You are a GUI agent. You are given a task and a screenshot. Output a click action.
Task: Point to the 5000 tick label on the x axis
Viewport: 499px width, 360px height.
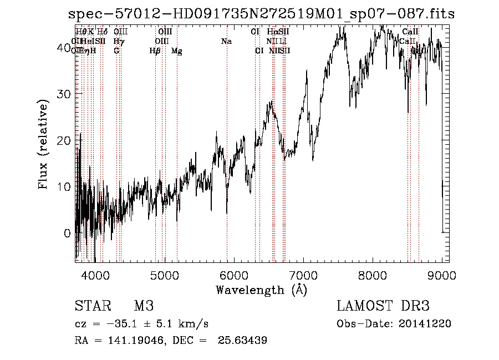[x=164, y=273]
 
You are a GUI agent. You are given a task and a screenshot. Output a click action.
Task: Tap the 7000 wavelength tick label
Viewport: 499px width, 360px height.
[x=303, y=273]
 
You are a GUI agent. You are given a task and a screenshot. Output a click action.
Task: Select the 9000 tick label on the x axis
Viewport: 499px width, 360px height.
[x=442, y=273]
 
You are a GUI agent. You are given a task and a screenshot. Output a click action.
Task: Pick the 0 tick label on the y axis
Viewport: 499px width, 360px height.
[x=68, y=233]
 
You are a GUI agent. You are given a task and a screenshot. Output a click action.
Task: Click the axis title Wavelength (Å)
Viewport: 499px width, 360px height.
[x=261, y=290]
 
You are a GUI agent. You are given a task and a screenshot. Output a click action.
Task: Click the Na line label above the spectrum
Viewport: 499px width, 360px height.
[x=226, y=42]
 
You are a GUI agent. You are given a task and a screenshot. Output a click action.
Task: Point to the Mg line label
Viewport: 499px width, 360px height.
[x=177, y=51]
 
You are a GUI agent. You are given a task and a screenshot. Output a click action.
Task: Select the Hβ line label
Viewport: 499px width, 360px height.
[x=155, y=51]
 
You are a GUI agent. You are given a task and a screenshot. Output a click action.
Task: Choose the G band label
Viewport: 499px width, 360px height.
[x=116, y=51]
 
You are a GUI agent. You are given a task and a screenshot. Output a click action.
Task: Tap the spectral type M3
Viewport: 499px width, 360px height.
[x=144, y=306]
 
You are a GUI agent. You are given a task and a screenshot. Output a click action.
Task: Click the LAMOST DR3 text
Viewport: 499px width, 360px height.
[x=383, y=306]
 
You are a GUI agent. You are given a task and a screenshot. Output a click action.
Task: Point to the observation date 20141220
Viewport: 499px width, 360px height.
[x=426, y=324]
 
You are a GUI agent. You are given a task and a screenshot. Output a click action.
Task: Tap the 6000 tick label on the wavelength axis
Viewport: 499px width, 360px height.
[x=234, y=273]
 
